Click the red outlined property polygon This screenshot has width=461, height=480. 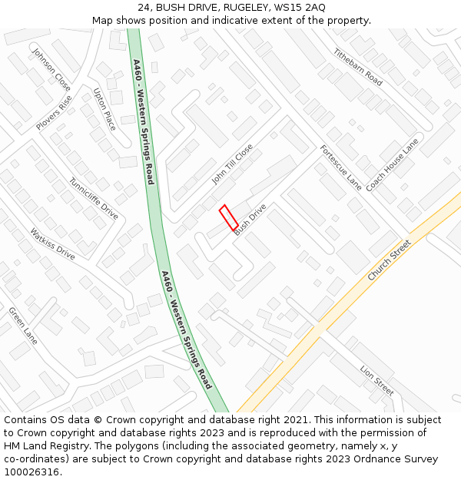[x=228, y=217]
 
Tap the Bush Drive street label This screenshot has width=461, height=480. [x=250, y=219]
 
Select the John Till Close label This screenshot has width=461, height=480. [x=232, y=164]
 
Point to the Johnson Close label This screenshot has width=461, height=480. [x=51, y=69]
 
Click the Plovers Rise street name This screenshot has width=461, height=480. [x=54, y=112]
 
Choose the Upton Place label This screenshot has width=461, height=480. [x=104, y=109]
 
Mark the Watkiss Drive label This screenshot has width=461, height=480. [x=53, y=243]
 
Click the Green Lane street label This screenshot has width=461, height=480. [x=23, y=326]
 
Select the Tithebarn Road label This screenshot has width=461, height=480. [x=357, y=67]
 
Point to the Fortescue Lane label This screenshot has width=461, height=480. [x=340, y=167]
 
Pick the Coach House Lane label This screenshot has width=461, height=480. [x=392, y=164]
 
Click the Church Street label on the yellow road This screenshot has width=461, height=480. [x=389, y=260]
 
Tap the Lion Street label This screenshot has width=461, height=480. [x=377, y=380]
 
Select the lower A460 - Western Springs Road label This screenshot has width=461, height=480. [x=187, y=329]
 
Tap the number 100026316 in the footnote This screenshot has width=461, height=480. [x=32, y=472]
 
